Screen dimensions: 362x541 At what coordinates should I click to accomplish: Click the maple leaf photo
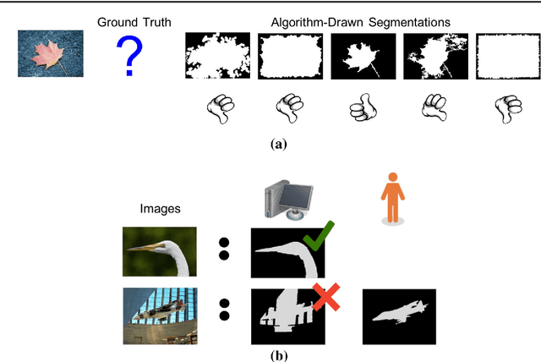click(x=51, y=54)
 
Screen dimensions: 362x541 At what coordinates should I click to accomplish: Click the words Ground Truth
click(x=128, y=20)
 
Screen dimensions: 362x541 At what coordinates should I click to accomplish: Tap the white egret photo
click(x=159, y=251)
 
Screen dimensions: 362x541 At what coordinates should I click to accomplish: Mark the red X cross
click(x=326, y=297)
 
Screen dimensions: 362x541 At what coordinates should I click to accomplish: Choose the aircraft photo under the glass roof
click(x=159, y=315)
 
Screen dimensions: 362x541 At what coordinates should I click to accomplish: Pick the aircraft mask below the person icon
click(x=399, y=315)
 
